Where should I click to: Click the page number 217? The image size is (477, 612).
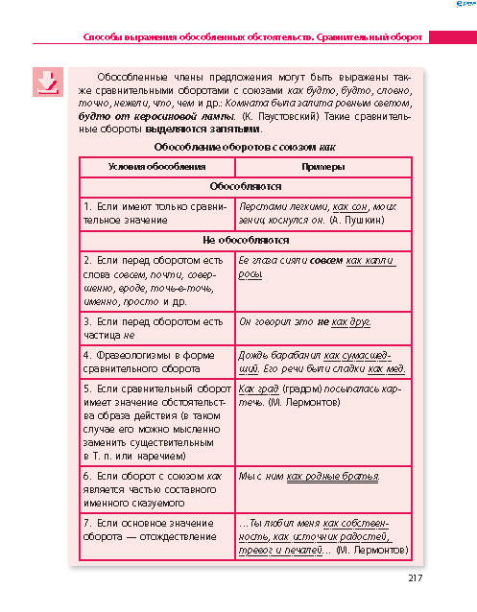pyautogui.click(x=415, y=577)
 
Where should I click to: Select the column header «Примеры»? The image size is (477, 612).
pyautogui.click(x=322, y=169)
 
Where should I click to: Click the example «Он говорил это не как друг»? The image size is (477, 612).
pyautogui.click(x=303, y=322)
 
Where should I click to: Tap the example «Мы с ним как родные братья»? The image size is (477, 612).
pyautogui.click(x=308, y=476)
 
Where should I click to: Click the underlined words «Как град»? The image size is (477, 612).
pyautogui.click(x=257, y=390)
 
